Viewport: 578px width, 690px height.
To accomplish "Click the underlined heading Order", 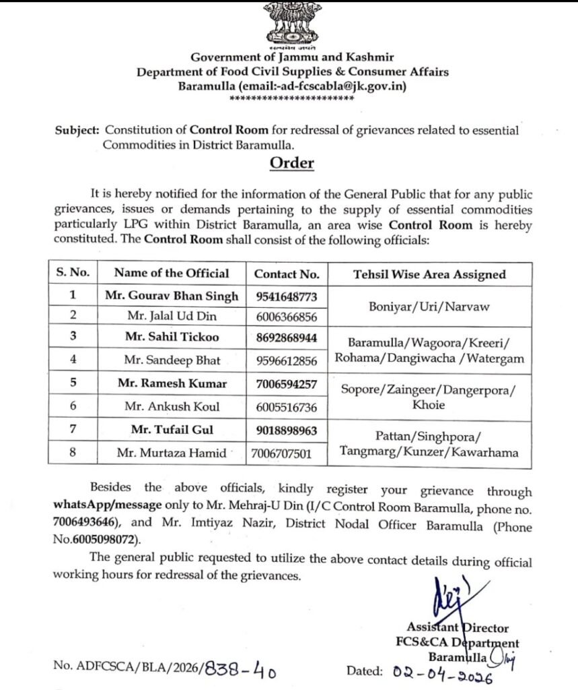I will [291, 163].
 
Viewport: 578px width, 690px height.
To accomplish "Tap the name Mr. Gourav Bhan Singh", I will [172, 296].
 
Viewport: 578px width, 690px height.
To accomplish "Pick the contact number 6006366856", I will [286, 316].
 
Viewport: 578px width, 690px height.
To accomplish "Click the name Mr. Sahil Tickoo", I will [172, 337].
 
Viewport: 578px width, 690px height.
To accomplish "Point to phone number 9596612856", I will [286, 361].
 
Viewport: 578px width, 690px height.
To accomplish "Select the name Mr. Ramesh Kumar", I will [172, 384].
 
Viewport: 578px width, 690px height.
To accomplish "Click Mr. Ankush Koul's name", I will [172, 406].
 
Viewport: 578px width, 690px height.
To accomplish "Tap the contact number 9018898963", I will [286, 430].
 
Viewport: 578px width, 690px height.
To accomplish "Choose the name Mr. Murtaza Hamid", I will [172, 453].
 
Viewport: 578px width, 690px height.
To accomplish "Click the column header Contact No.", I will [286, 274].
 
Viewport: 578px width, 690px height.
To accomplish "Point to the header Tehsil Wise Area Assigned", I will [429, 274].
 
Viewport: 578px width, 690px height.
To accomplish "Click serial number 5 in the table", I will [73, 384].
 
